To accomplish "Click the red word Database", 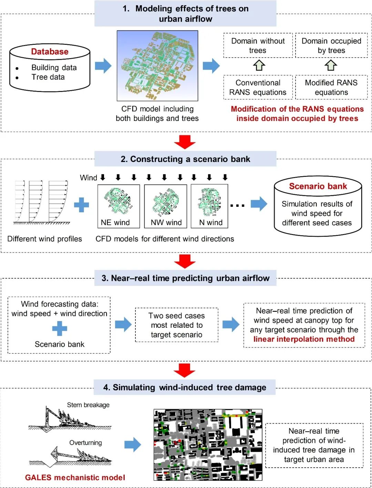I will click(50, 52).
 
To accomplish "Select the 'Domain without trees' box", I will click(258, 45).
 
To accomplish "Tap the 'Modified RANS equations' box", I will click(331, 87).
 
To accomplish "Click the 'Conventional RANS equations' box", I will click(258, 87).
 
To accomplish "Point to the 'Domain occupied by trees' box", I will click(331, 45).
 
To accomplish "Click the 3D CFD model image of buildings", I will click(157, 65).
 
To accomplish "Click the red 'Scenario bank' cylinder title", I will click(318, 186).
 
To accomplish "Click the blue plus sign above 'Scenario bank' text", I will click(60, 328).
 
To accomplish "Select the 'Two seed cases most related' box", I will click(177, 325).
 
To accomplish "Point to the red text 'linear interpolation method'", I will click(304, 339).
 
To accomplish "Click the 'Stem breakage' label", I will click(88, 405).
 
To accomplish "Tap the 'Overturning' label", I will click(85, 443).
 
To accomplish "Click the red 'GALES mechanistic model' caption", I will click(75, 478).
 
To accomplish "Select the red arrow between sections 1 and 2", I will click(185, 142).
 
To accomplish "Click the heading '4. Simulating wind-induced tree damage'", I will click(185, 387).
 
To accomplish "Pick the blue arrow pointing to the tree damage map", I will click(133, 445).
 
